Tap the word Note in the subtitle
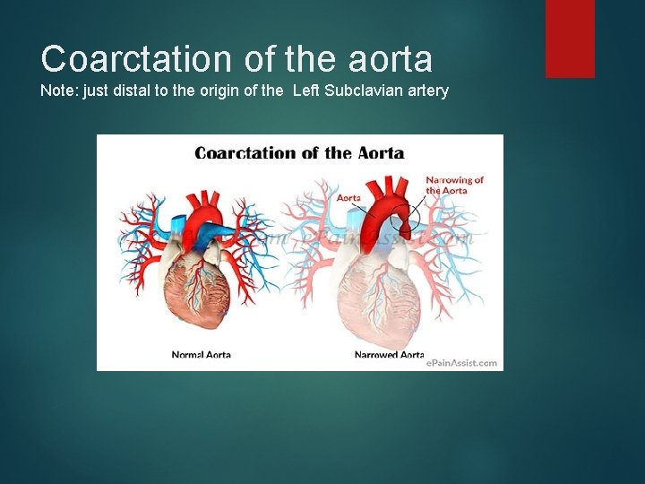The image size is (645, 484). pos(56,91)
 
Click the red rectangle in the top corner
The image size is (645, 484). pos(570,38)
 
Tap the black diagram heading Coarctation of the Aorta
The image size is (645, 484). pos(299,152)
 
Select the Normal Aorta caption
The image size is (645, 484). pos(201,355)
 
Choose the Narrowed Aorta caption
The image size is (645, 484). pos(389,355)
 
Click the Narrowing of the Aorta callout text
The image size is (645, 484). pos(454,185)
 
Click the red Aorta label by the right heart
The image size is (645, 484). pos(348,197)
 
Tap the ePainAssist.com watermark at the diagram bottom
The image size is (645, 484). pos(461,363)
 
